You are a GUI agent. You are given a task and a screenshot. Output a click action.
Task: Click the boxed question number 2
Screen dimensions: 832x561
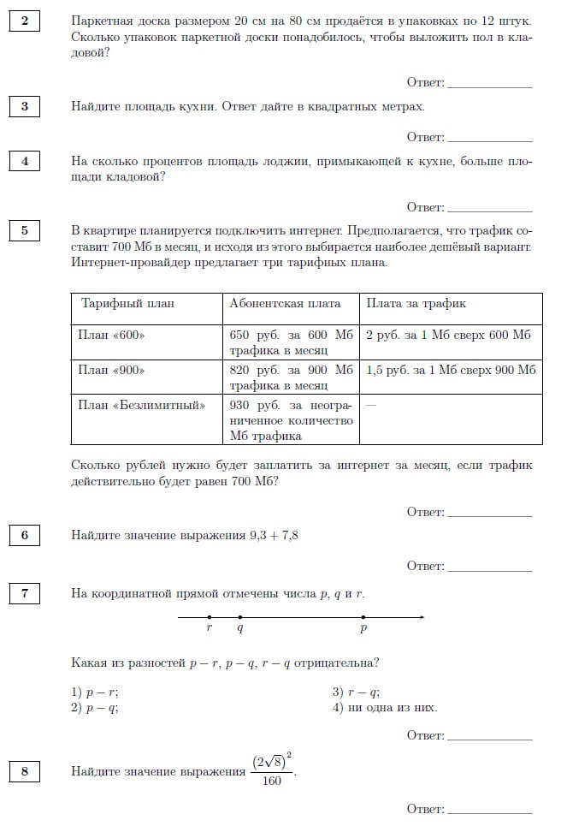(x=25, y=21)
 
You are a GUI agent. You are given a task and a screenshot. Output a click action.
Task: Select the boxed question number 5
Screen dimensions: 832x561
(x=25, y=230)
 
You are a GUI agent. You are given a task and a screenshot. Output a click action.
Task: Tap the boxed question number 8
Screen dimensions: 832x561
(x=25, y=772)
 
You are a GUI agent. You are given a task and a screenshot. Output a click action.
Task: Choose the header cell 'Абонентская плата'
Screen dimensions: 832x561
(x=285, y=303)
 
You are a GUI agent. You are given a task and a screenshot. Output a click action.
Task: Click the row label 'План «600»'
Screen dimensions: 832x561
(x=111, y=335)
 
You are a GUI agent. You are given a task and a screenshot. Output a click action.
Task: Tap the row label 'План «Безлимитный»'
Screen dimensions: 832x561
(x=142, y=405)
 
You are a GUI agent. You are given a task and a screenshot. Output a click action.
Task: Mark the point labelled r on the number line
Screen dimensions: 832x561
(x=210, y=617)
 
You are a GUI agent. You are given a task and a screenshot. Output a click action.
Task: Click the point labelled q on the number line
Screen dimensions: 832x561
(x=239, y=617)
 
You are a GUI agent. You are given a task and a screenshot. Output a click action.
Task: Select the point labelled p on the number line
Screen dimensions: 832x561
(x=363, y=617)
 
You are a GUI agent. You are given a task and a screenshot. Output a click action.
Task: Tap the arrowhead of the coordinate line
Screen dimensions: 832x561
(x=421, y=617)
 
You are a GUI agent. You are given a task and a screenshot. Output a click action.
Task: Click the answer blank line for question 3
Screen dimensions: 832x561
(x=489, y=140)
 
